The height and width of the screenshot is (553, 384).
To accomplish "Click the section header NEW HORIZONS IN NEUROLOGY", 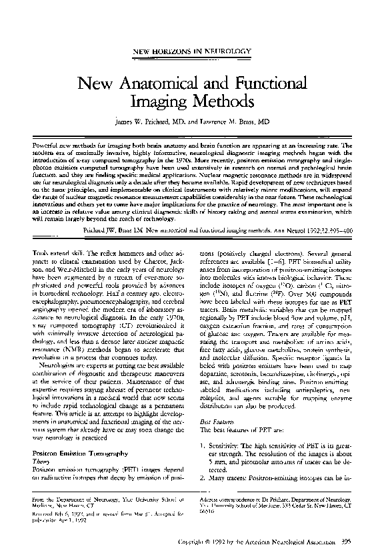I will (x=192, y=51).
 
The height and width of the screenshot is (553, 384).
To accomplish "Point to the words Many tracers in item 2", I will (x=229, y=478).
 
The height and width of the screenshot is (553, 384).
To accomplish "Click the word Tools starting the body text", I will (x=31, y=253).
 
